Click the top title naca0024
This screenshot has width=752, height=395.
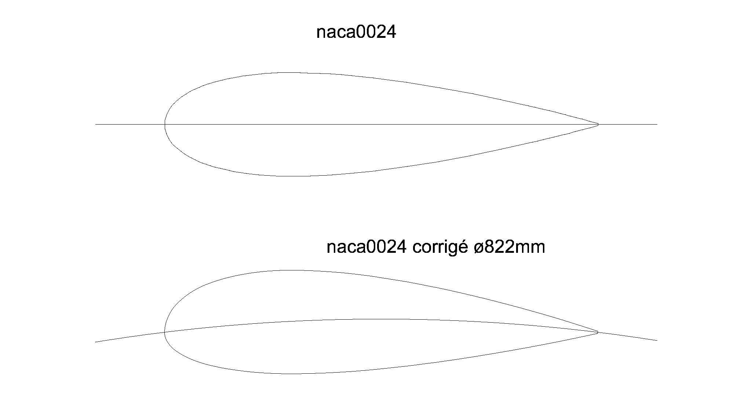point(356,32)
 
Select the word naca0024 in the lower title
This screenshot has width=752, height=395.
point(366,247)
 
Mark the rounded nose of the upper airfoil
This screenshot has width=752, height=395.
point(165,124)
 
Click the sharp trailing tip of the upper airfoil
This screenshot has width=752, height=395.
point(598,124)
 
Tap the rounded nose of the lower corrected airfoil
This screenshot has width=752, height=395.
point(164,332)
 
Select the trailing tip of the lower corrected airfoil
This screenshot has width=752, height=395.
point(598,332)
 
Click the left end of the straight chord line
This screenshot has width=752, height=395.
point(96,124)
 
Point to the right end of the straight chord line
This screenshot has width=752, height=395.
point(657,124)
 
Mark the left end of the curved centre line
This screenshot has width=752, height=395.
point(96,342)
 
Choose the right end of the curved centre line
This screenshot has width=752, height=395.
point(657,340)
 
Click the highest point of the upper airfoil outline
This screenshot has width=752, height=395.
point(290,73)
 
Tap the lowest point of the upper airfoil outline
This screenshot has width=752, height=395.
point(290,176)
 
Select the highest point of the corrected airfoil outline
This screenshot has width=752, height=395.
point(292,270)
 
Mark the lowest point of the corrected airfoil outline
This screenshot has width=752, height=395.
point(292,374)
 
